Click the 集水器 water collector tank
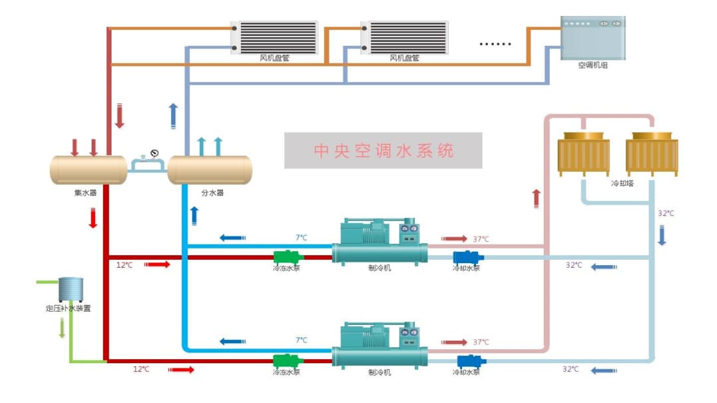click(x=88, y=170)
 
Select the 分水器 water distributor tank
click(x=210, y=170)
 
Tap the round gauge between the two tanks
click(x=155, y=154)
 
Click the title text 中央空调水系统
click(x=384, y=150)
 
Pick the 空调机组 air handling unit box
click(x=593, y=37)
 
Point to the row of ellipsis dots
click(x=495, y=44)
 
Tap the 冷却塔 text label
click(x=622, y=183)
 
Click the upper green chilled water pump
click(x=289, y=257)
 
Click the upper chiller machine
click(x=380, y=242)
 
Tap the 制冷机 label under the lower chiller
click(x=380, y=373)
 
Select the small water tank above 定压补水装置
click(x=70, y=290)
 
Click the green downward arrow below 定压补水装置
click(x=62, y=328)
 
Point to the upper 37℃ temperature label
click(x=481, y=239)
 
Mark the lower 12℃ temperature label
click(x=141, y=369)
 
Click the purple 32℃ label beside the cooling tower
click(x=665, y=213)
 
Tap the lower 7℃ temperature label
click(x=301, y=340)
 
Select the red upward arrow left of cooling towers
click(x=536, y=198)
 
